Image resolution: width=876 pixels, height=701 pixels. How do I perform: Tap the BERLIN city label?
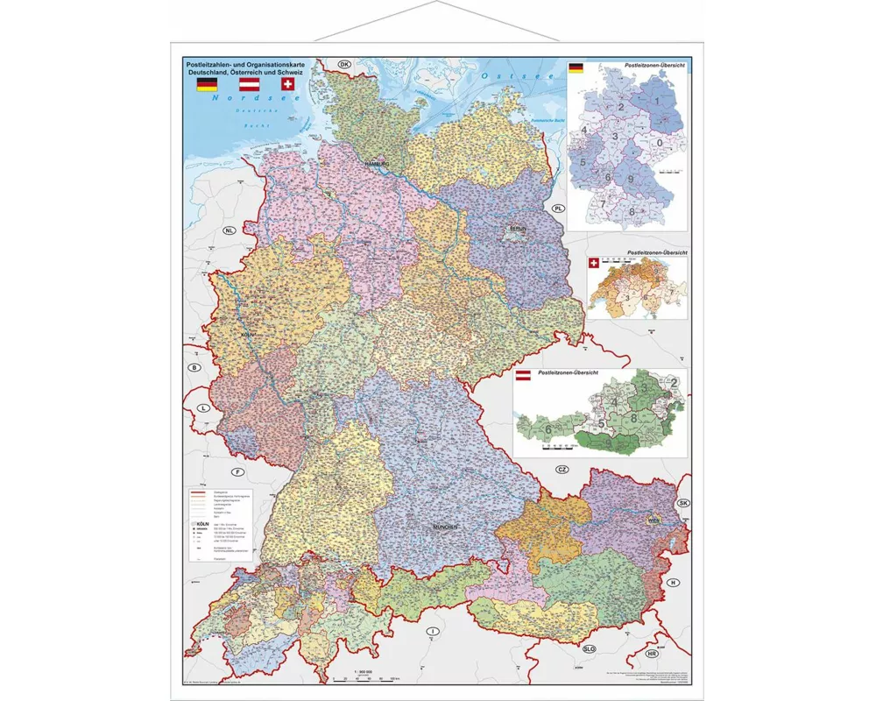pyautogui.click(x=515, y=230)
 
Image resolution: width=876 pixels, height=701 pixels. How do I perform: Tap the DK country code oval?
pyautogui.click(x=344, y=65)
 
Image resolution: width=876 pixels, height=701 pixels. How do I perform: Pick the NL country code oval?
pyautogui.click(x=230, y=231)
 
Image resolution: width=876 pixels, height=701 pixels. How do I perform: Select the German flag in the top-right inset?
pyautogui.click(x=576, y=68)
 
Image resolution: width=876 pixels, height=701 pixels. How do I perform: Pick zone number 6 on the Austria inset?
pyautogui.click(x=547, y=429)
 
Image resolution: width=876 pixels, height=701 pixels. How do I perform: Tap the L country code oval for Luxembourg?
pyautogui.click(x=203, y=408)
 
